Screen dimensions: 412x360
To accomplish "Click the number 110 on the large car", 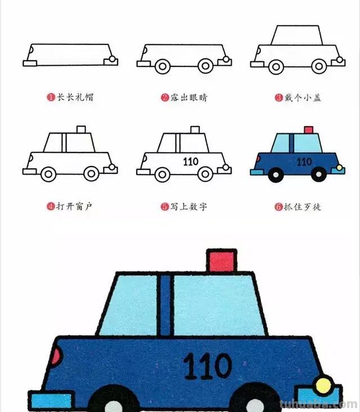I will pyautogui.click(x=208, y=366).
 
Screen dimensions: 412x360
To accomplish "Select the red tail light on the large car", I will pyautogui.click(x=56, y=357).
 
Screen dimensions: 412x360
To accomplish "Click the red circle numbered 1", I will pyautogui.click(x=51, y=97).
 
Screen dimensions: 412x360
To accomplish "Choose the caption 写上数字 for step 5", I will pyautogui.click(x=188, y=207).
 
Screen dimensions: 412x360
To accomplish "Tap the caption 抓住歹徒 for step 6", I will pyautogui.click(x=302, y=207).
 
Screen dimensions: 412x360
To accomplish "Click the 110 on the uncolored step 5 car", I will pyautogui.click(x=191, y=162).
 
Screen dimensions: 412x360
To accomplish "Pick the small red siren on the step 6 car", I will pyautogui.click(x=308, y=130).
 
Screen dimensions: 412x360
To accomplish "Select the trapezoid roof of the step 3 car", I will pyautogui.click(x=297, y=35).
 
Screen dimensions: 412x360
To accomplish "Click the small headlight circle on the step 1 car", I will pyautogui.click(x=113, y=59).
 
